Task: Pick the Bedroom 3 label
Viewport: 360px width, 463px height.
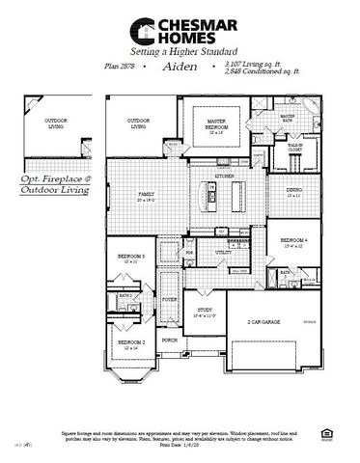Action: coord(133,257)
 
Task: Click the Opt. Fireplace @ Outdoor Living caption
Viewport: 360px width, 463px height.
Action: coord(54,185)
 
